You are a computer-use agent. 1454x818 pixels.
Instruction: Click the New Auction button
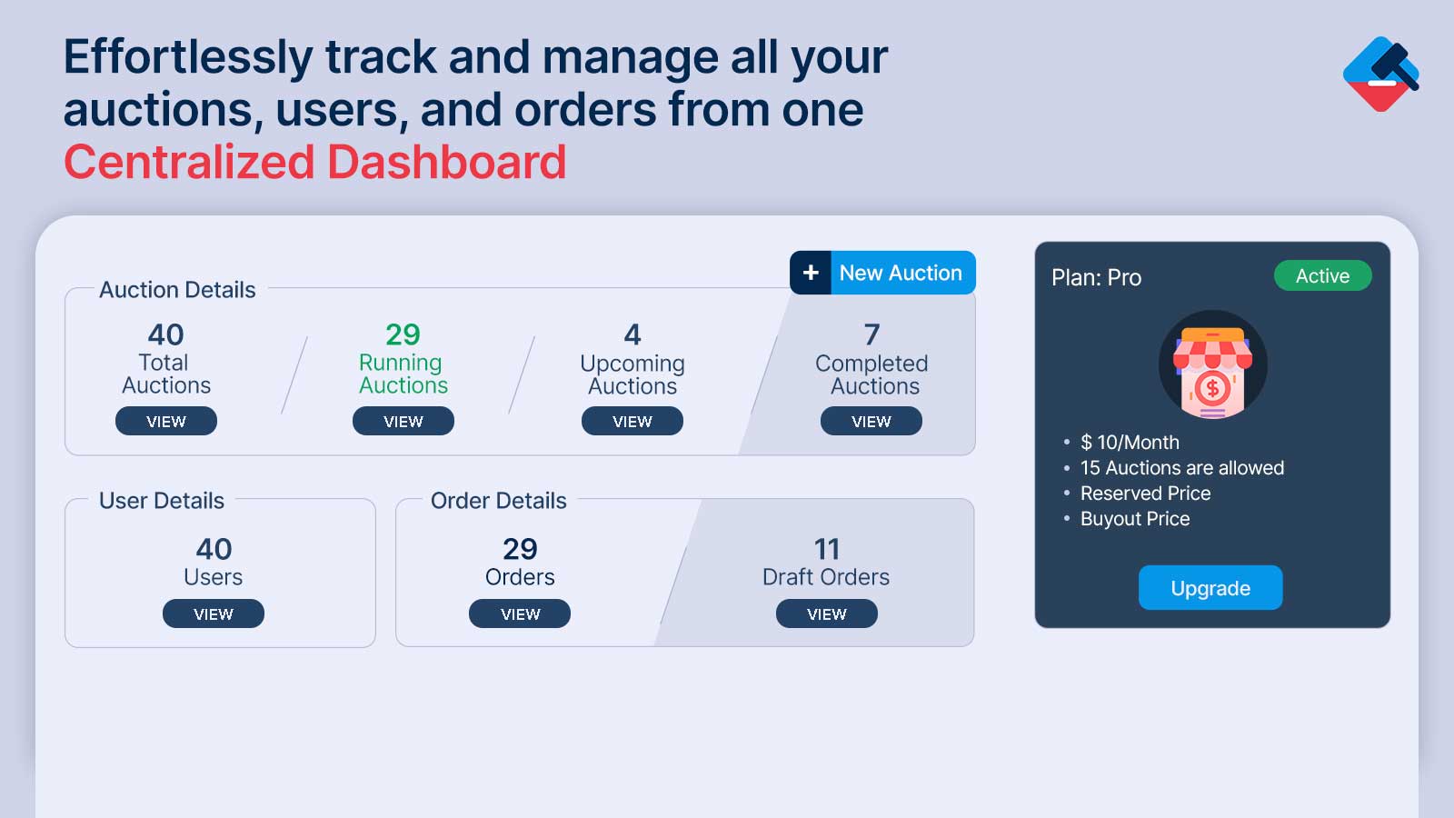882,273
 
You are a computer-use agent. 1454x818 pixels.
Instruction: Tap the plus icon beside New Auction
811,273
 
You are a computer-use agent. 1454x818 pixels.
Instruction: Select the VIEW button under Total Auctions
166,422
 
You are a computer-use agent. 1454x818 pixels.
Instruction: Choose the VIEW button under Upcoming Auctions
632,422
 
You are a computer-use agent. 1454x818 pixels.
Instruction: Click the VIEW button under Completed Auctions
871,422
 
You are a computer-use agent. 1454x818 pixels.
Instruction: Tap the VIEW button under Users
214,613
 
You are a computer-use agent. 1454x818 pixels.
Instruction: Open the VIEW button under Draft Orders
827,613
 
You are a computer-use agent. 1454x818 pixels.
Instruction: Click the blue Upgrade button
1210,587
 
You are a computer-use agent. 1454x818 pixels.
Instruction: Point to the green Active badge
1323,276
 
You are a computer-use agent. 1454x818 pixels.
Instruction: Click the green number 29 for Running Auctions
403,335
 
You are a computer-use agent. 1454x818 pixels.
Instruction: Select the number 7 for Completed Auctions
871,335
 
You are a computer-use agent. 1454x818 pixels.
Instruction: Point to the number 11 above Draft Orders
827,549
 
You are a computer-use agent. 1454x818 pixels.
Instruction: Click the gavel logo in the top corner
1380,74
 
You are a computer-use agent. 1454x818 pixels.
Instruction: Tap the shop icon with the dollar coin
1212,364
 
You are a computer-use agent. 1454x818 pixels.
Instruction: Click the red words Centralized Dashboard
314,162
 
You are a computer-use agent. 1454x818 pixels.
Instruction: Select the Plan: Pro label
1096,277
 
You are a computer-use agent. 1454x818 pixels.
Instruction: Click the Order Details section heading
499,501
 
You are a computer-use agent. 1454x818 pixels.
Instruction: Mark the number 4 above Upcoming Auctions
632,335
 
